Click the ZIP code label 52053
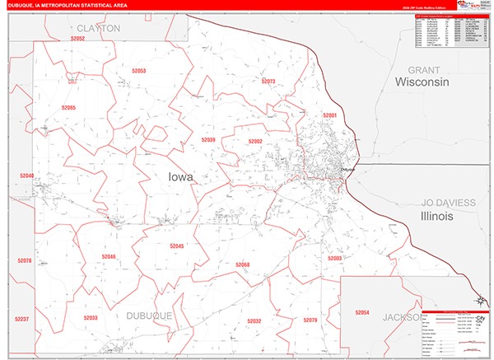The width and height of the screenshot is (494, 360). (x=138, y=72)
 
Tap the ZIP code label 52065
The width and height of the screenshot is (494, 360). (x=68, y=108)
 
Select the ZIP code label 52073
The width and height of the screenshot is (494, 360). (x=268, y=82)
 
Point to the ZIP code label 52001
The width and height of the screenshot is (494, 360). (x=330, y=116)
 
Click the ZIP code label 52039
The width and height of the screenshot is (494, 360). (x=207, y=140)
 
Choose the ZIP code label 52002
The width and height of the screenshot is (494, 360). (x=254, y=142)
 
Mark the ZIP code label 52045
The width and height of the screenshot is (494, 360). (x=177, y=246)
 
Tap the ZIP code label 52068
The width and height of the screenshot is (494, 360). (x=242, y=264)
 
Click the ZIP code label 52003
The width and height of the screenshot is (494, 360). (x=334, y=258)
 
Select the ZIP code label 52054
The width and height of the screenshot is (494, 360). (x=363, y=313)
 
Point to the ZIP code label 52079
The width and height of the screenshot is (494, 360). (x=310, y=320)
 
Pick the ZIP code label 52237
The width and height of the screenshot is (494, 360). (x=22, y=319)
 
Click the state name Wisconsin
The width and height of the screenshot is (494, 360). (x=421, y=82)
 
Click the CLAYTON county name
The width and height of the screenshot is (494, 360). (x=100, y=28)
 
